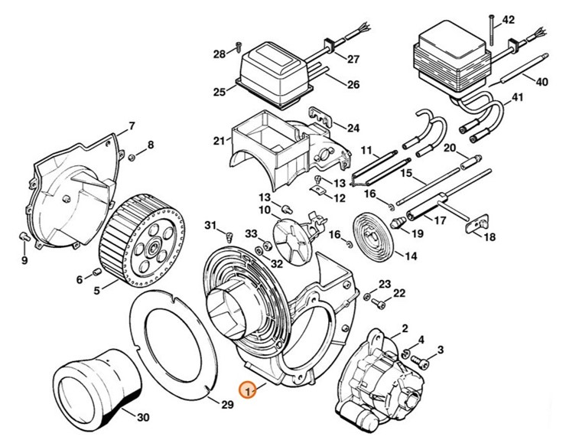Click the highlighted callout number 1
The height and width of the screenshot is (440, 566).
click(x=246, y=389)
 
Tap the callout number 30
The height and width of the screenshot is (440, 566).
click(x=143, y=418)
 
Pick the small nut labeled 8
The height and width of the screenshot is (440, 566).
click(x=132, y=157)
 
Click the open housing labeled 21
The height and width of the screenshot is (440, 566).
click(x=272, y=142)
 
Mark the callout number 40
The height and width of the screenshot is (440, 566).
click(x=542, y=82)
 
